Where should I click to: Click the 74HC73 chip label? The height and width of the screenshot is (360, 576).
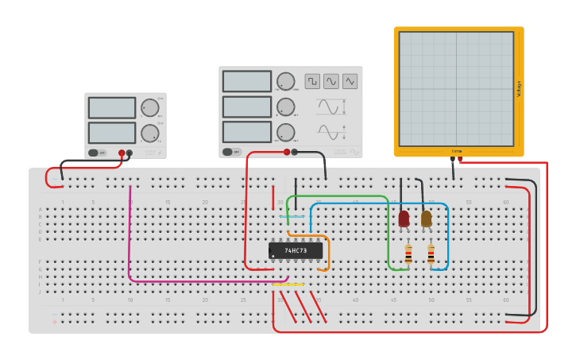pyautogui.click(x=296, y=250)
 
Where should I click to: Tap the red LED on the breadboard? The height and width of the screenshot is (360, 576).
pyautogui.click(x=404, y=219)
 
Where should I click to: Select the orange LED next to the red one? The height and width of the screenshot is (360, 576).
pyautogui.click(x=426, y=219)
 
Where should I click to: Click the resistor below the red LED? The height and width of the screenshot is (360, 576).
pyautogui.click(x=408, y=254)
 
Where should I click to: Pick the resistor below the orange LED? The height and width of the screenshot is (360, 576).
pyautogui.click(x=431, y=254)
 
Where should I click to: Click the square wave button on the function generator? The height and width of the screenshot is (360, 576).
pyautogui.click(x=312, y=81)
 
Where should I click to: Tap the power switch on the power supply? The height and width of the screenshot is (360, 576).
pyautogui.click(x=93, y=153)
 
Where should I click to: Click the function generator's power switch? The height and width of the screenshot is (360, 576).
pyautogui.click(x=228, y=152)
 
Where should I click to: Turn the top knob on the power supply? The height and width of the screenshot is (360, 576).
pyautogui.click(x=149, y=108)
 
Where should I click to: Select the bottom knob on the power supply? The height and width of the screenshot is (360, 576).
pyautogui.click(x=149, y=133)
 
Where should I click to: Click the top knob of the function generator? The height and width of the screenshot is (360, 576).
pyautogui.click(x=285, y=81)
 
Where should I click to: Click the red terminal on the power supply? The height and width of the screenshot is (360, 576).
pyautogui.click(x=122, y=153)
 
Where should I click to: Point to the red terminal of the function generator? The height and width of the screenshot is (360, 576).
pyautogui.click(x=287, y=152)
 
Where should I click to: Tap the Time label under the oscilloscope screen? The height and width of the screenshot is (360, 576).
pyautogui.click(x=457, y=150)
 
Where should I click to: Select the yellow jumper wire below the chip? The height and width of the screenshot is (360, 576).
pyautogui.click(x=288, y=285)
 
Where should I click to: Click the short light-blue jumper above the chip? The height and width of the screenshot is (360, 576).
pyautogui.click(x=292, y=216)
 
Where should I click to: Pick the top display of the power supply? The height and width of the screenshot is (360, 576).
pyautogui.click(x=112, y=107)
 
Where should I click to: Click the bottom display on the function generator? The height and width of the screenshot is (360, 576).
pyautogui.click(x=247, y=131)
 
